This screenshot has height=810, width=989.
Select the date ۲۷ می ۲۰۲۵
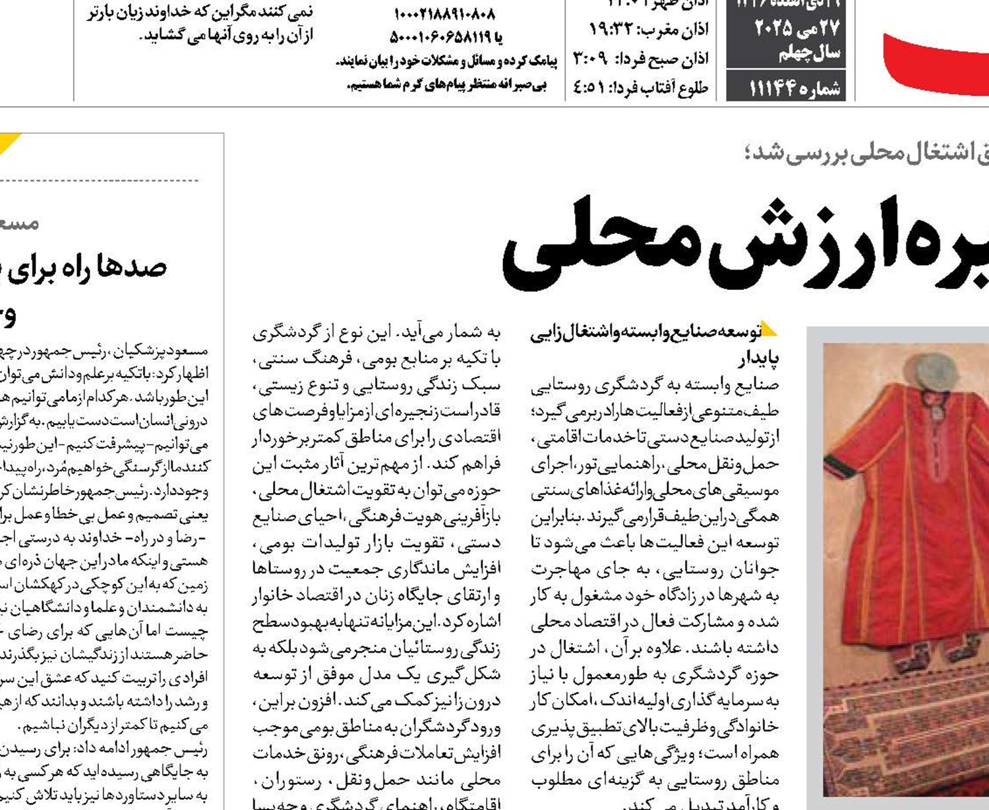[796, 28]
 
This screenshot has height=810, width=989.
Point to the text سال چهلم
[809, 53]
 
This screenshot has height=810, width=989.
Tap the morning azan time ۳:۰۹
[589, 59]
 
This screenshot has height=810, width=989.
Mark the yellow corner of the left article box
[9, 142]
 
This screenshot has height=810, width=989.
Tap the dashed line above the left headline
[99, 179]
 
